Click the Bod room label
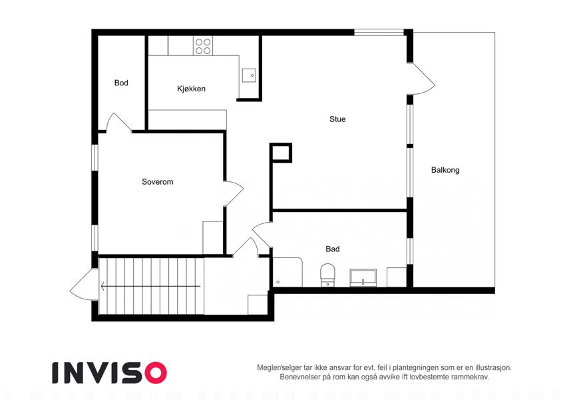coord(121,83)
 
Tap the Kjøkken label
coord(192,89)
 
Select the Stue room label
coord(337,119)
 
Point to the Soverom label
coord(158,182)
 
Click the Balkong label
coord(445,170)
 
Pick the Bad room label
coord(333,249)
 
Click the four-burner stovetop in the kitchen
coord(203,46)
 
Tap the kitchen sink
coord(249,75)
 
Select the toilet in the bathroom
coord(327,275)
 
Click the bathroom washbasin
coord(363,278)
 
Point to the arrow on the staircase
coord(150,286)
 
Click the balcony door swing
coord(423,79)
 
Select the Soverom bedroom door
coord(234,193)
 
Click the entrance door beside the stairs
coord(85,285)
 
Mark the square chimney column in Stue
coord(281,153)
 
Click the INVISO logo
coord(110,373)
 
